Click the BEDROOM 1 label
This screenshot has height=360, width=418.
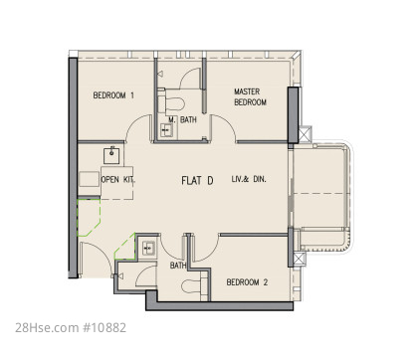(113, 95)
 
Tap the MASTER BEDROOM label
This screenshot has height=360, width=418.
(250, 96)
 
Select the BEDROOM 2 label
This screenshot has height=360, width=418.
(247, 282)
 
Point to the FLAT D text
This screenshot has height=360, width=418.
(197, 181)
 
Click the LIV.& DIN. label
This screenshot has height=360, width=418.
(249, 179)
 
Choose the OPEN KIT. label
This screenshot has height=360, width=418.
(117, 180)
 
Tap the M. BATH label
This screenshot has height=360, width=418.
(182, 119)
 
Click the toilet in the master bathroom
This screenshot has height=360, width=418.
(171, 103)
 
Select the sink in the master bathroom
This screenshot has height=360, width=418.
(165, 130)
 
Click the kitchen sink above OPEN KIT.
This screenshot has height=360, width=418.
(111, 155)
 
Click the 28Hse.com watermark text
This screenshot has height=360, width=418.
(47, 328)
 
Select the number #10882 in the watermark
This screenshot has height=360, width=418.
(104, 328)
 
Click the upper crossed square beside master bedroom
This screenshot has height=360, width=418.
(306, 134)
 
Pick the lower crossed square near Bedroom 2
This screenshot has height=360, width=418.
(299, 260)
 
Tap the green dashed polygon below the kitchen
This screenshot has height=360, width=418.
(89, 217)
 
